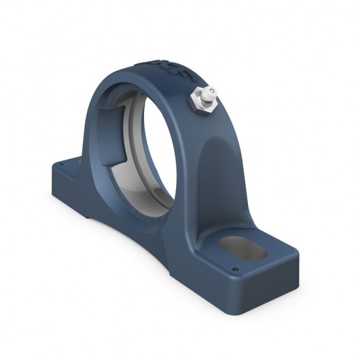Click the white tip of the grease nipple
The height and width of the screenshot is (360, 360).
(211, 91)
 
